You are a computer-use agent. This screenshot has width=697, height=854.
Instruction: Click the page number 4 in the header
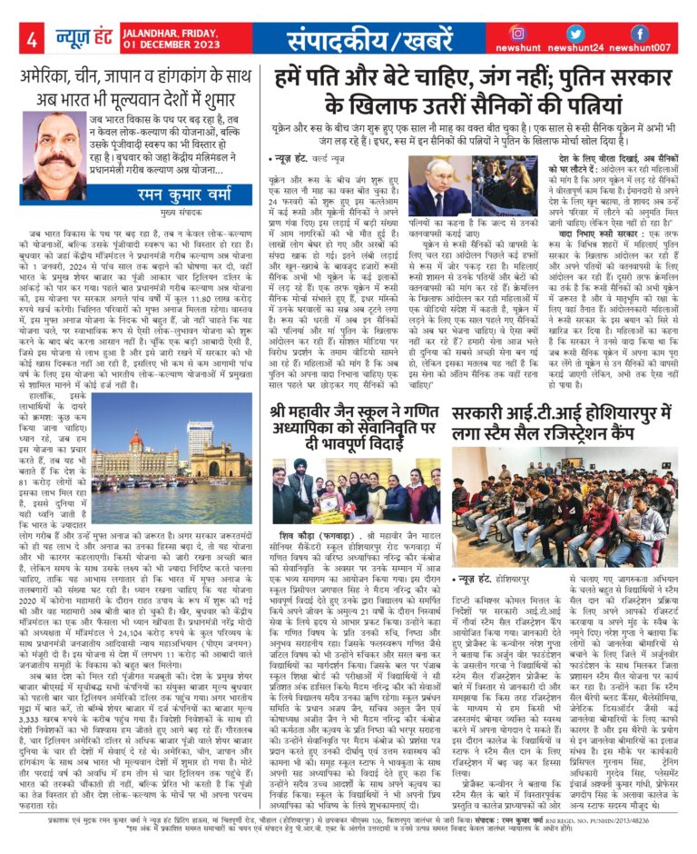pyautogui.click(x=34, y=40)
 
